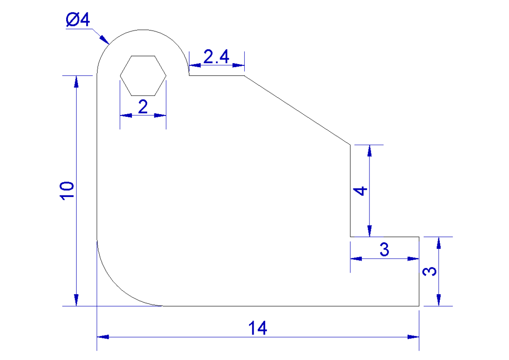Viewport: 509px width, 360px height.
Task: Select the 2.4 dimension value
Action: pyautogui.click(x=216, y=56)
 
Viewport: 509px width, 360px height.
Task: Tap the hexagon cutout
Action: pyautogui.click(x=143, y=75)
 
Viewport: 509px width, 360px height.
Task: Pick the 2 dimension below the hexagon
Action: pyautogui.click(x=143, y=107)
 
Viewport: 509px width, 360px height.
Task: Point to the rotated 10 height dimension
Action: pyautogui.click(x=67, y=191)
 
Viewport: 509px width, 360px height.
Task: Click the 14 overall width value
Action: pyautogui.click(x=258, y=328)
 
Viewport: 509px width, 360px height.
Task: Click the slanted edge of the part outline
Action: pyautogui.click(x=297, y=110)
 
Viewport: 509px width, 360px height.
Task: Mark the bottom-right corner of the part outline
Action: pyautogui.click(x=419, y=306)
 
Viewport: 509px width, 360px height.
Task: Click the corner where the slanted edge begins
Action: pyautogui.click(x=244, y=76)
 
